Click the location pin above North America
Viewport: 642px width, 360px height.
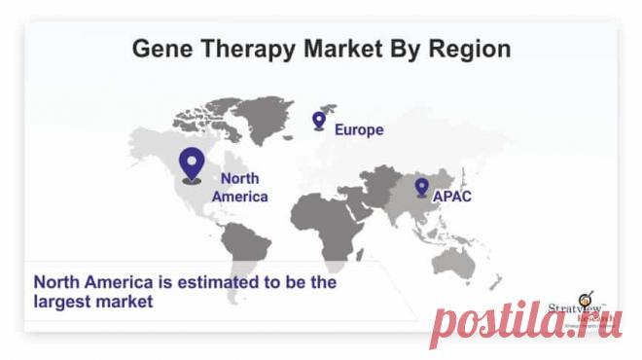193,163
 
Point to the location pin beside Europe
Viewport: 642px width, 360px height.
318,120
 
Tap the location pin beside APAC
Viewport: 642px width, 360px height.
421,187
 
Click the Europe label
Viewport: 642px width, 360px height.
359,128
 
